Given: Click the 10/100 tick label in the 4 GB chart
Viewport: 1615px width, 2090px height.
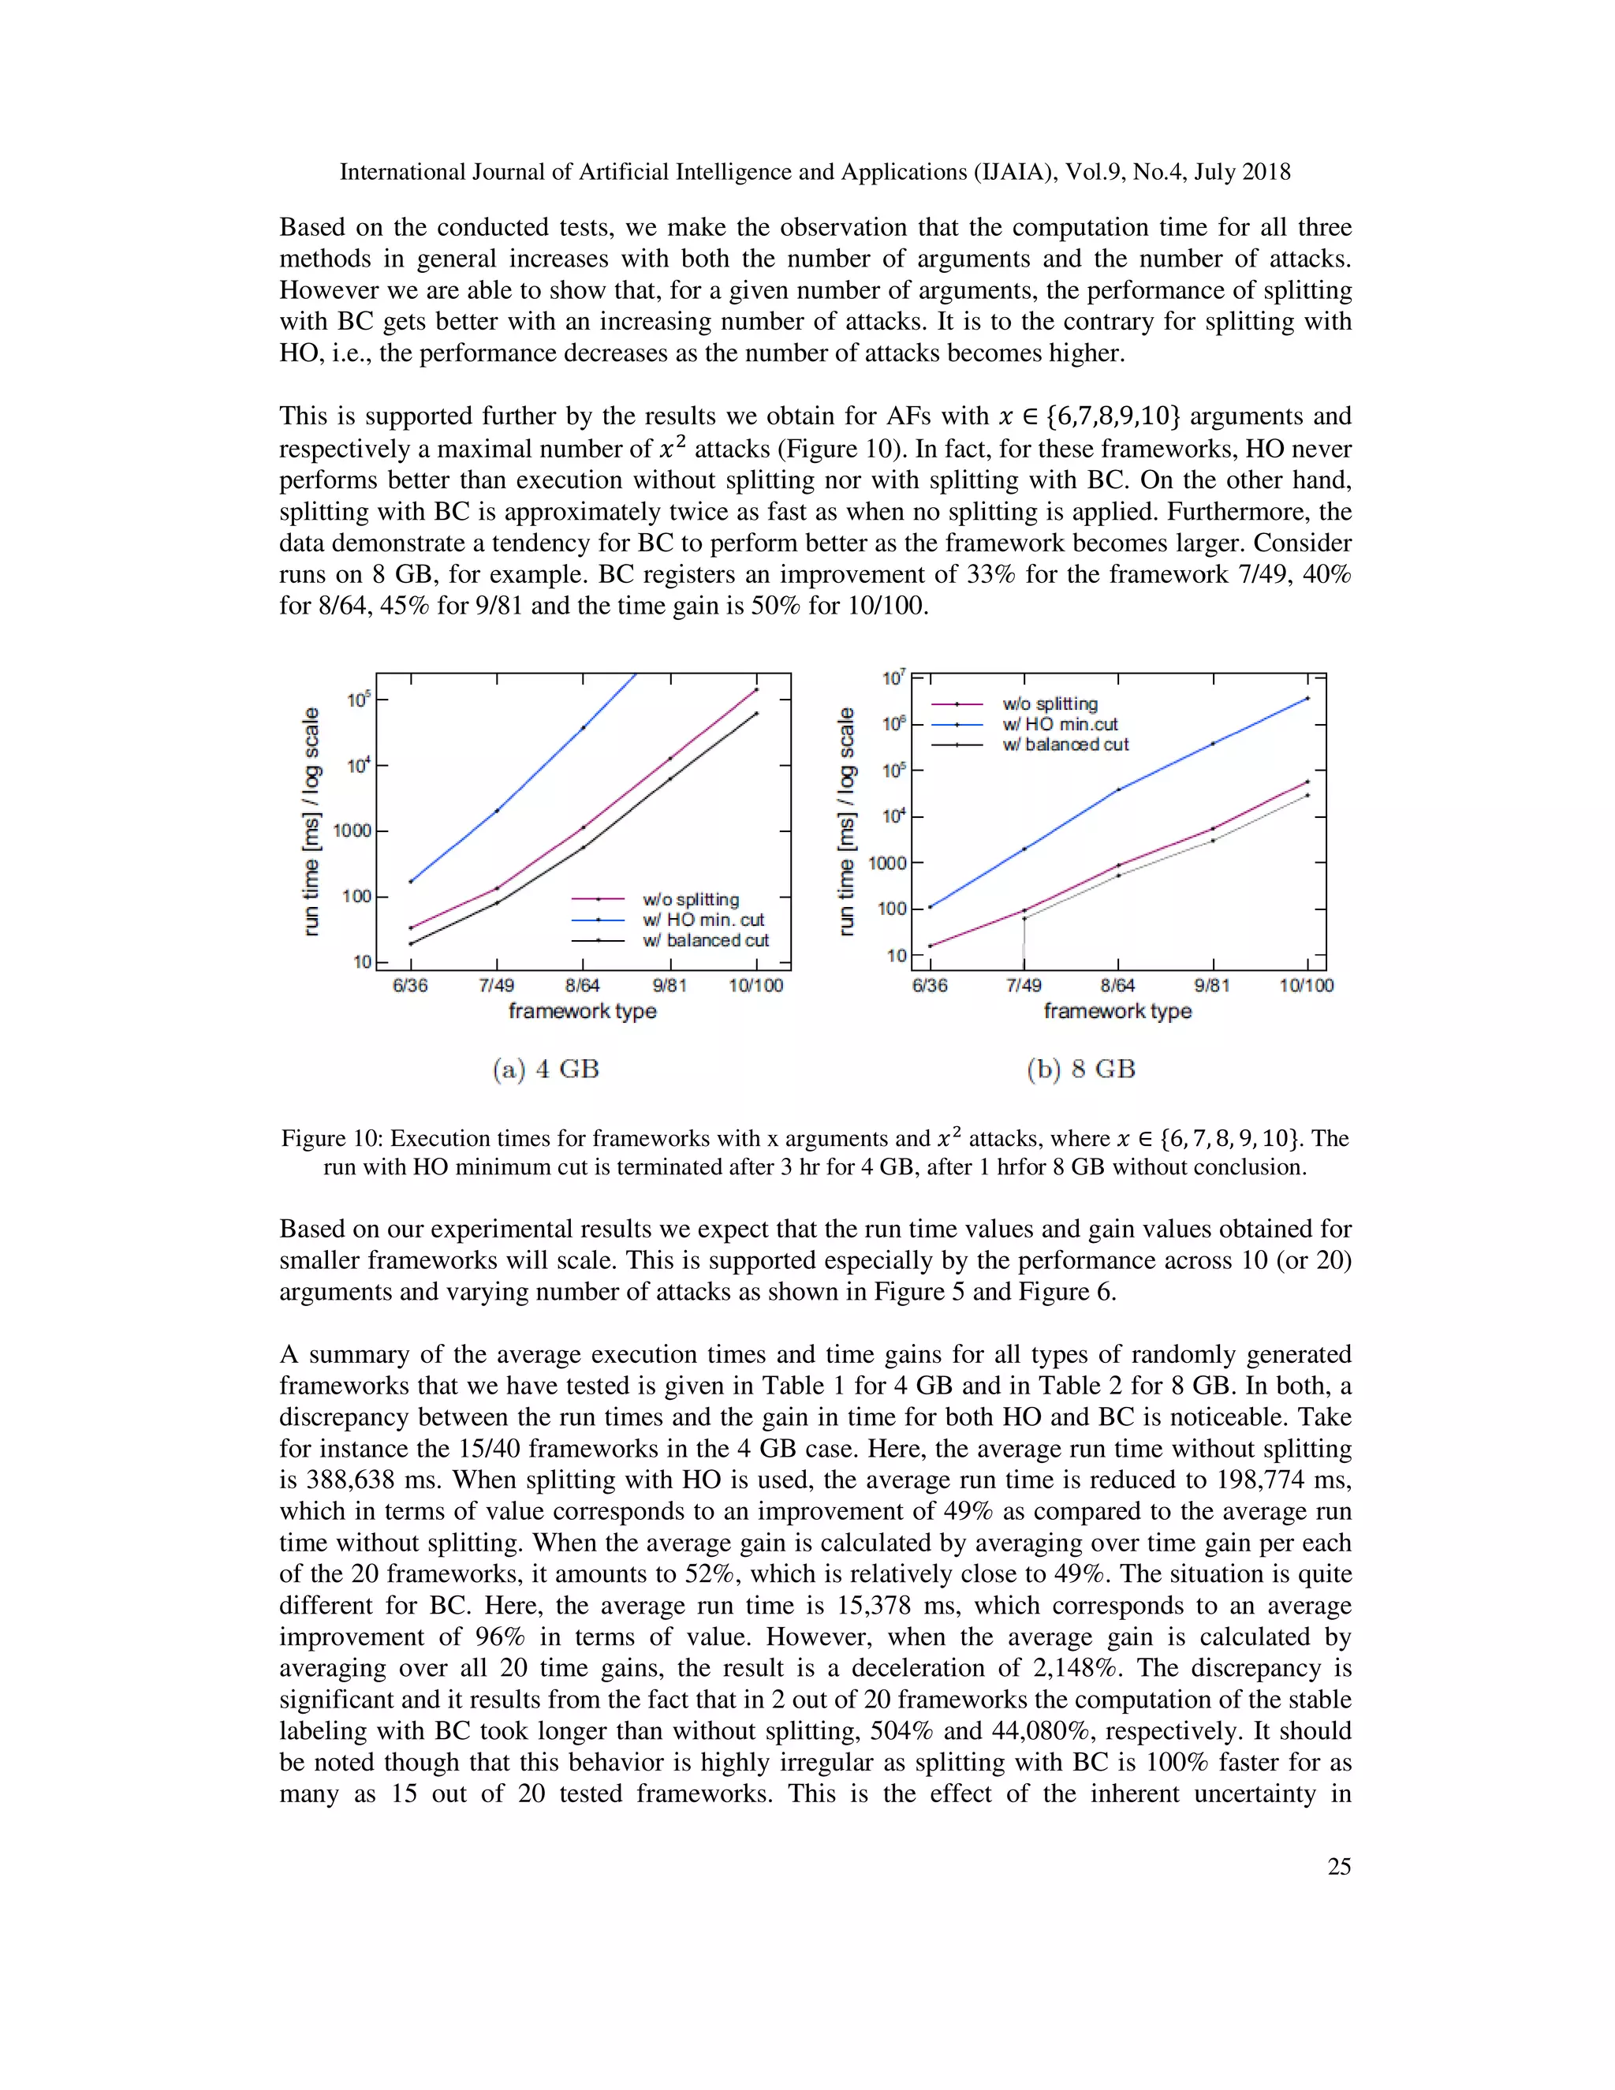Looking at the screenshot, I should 755,986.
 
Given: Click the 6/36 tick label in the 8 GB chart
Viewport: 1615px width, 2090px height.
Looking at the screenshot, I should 929,986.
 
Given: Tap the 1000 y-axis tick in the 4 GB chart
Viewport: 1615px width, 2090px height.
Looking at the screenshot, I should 351,830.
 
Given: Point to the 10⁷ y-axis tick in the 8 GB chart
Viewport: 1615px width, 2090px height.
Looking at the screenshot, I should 893,678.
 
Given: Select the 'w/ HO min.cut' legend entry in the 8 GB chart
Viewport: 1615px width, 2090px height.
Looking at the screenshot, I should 1059,725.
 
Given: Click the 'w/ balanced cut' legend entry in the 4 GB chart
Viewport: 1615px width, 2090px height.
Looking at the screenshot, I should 705,941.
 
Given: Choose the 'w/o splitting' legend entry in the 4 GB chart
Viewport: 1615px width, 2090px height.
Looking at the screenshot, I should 691,900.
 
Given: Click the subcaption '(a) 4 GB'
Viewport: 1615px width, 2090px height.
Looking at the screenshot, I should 546,1069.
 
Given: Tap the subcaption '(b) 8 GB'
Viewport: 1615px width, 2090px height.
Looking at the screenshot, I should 1080,1069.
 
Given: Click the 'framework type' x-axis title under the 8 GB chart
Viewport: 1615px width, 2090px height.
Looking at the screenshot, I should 1117,1012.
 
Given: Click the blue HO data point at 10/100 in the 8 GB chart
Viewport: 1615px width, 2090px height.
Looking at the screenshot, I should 1307,699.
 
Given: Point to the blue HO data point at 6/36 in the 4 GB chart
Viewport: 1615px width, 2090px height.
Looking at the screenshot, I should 410,882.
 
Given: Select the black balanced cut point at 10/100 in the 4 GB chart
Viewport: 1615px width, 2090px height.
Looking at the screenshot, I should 755,713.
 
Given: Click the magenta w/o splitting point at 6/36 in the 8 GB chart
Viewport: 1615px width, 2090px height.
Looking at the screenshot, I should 929,946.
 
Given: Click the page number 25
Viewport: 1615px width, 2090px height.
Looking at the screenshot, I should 1338,1866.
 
